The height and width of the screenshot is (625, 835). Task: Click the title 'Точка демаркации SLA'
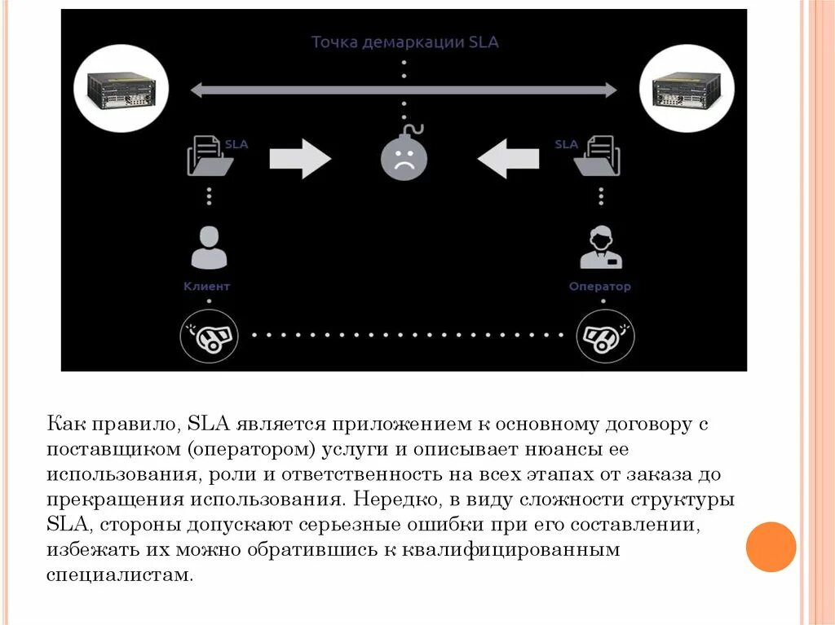click(404, 42)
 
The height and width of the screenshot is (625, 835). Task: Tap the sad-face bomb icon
click(404, 156)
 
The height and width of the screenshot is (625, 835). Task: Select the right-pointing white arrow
click(299, 157)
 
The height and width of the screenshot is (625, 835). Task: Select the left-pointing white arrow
click(508, 157)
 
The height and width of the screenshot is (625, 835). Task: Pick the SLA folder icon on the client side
click(210, 156)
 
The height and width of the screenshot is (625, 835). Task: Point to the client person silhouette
click(209, 248)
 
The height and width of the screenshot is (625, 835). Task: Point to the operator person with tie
click(600, 248)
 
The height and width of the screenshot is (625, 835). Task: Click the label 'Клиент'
click(207, 287)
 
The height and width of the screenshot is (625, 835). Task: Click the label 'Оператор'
click(600, 287)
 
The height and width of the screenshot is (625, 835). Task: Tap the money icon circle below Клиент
click(210, 334)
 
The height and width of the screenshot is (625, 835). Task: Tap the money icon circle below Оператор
click(603, 334)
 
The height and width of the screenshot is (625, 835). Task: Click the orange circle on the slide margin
click(771, 547)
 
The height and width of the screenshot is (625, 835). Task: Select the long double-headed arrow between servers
click(404, 89)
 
